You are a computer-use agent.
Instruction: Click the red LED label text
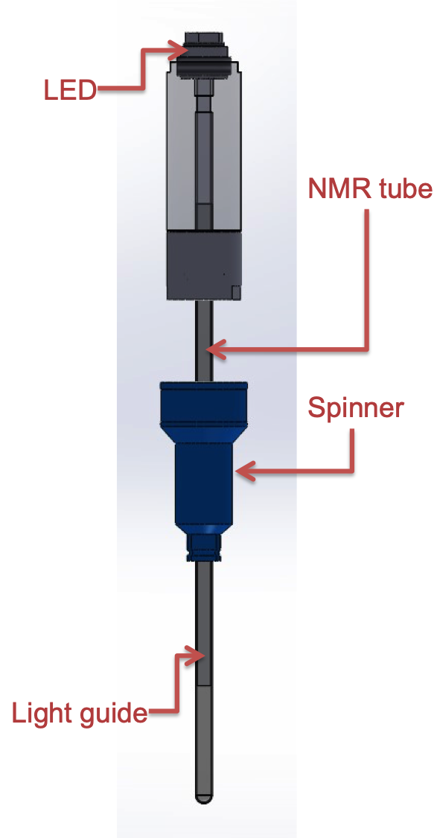pos(70,90)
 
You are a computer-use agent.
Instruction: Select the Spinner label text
pos(356,409)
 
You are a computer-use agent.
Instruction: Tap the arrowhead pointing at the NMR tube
pos(216,350)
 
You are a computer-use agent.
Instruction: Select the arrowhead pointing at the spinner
pos(245,472)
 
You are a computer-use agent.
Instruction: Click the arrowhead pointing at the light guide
pos(196,656)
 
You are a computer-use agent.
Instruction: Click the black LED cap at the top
pos(203,56)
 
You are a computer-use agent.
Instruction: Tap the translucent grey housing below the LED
pos(203,150)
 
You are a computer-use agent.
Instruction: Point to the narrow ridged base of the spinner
pos(203,547)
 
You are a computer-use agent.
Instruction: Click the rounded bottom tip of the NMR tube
pos(203,799)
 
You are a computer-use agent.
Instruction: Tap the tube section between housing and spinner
pos(203,340)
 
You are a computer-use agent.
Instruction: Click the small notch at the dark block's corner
pos(236,292)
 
